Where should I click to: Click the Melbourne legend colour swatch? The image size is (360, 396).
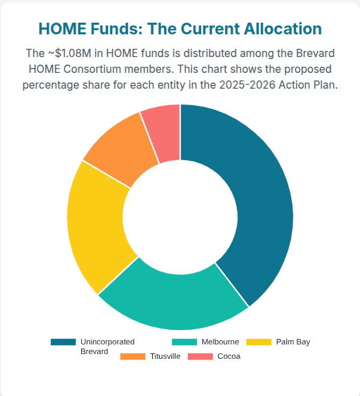coord(184,342)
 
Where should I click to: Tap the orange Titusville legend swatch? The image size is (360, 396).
coord(132,356)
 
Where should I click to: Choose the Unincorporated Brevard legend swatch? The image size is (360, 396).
coord(63,342)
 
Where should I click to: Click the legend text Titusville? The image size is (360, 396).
coord(165,356)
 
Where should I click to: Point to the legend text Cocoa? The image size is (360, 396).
coord(229,356)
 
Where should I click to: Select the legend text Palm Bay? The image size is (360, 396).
coord(293,342)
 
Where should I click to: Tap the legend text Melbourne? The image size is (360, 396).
coord(220,342)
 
